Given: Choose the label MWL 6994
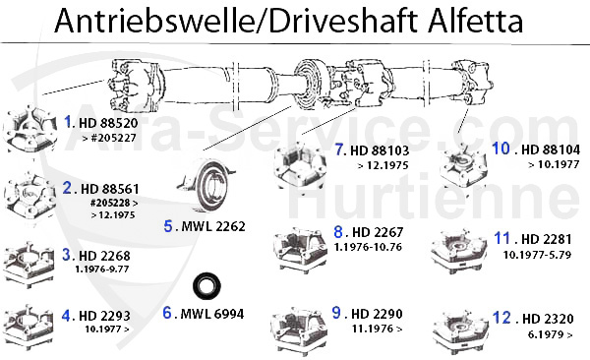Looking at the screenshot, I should (x=210, y=314).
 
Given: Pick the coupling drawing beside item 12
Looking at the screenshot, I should (x=461, y=325).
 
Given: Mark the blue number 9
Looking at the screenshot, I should (x=336, y=312).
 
